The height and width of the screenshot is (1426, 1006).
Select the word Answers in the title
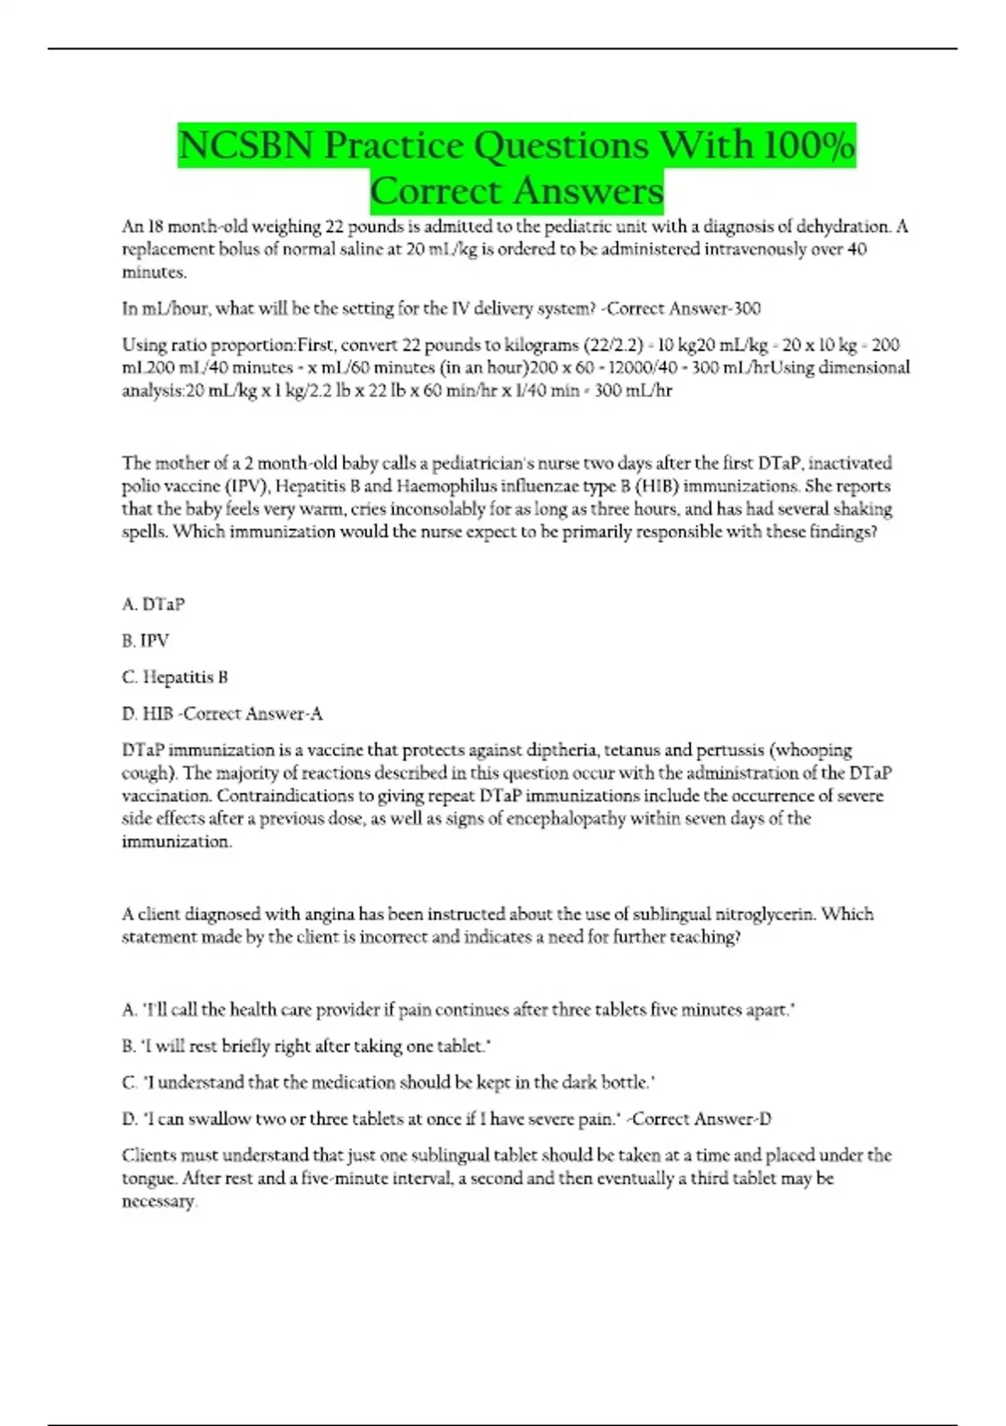[588, 191]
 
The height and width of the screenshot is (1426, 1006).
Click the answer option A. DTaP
[153, 604]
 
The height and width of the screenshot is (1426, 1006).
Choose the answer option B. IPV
[146, 641]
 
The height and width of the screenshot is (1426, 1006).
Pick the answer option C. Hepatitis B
[175, 677]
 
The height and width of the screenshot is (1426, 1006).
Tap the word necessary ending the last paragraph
[158, 1201]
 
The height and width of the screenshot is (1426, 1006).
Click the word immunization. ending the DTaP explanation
[176, 841]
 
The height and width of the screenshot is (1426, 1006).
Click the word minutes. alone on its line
[154, 272]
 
